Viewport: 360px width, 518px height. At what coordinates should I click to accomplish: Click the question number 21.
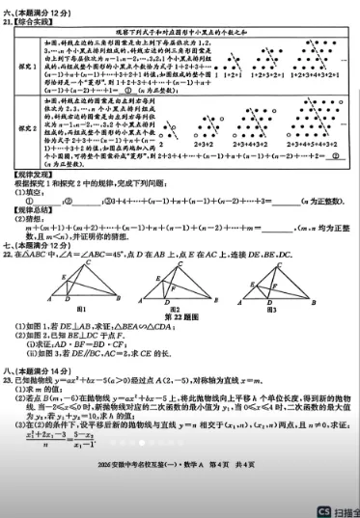(x=8, y=19)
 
